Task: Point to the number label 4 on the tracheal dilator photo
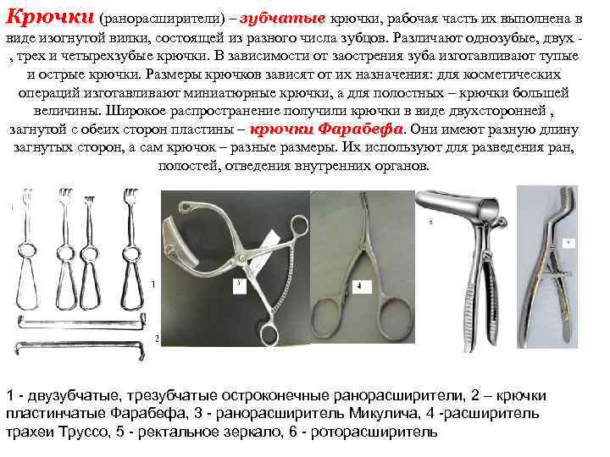[x=358, y=286]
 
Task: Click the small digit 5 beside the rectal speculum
[x=430, y=223]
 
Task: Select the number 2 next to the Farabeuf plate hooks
[x=157, y=339]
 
